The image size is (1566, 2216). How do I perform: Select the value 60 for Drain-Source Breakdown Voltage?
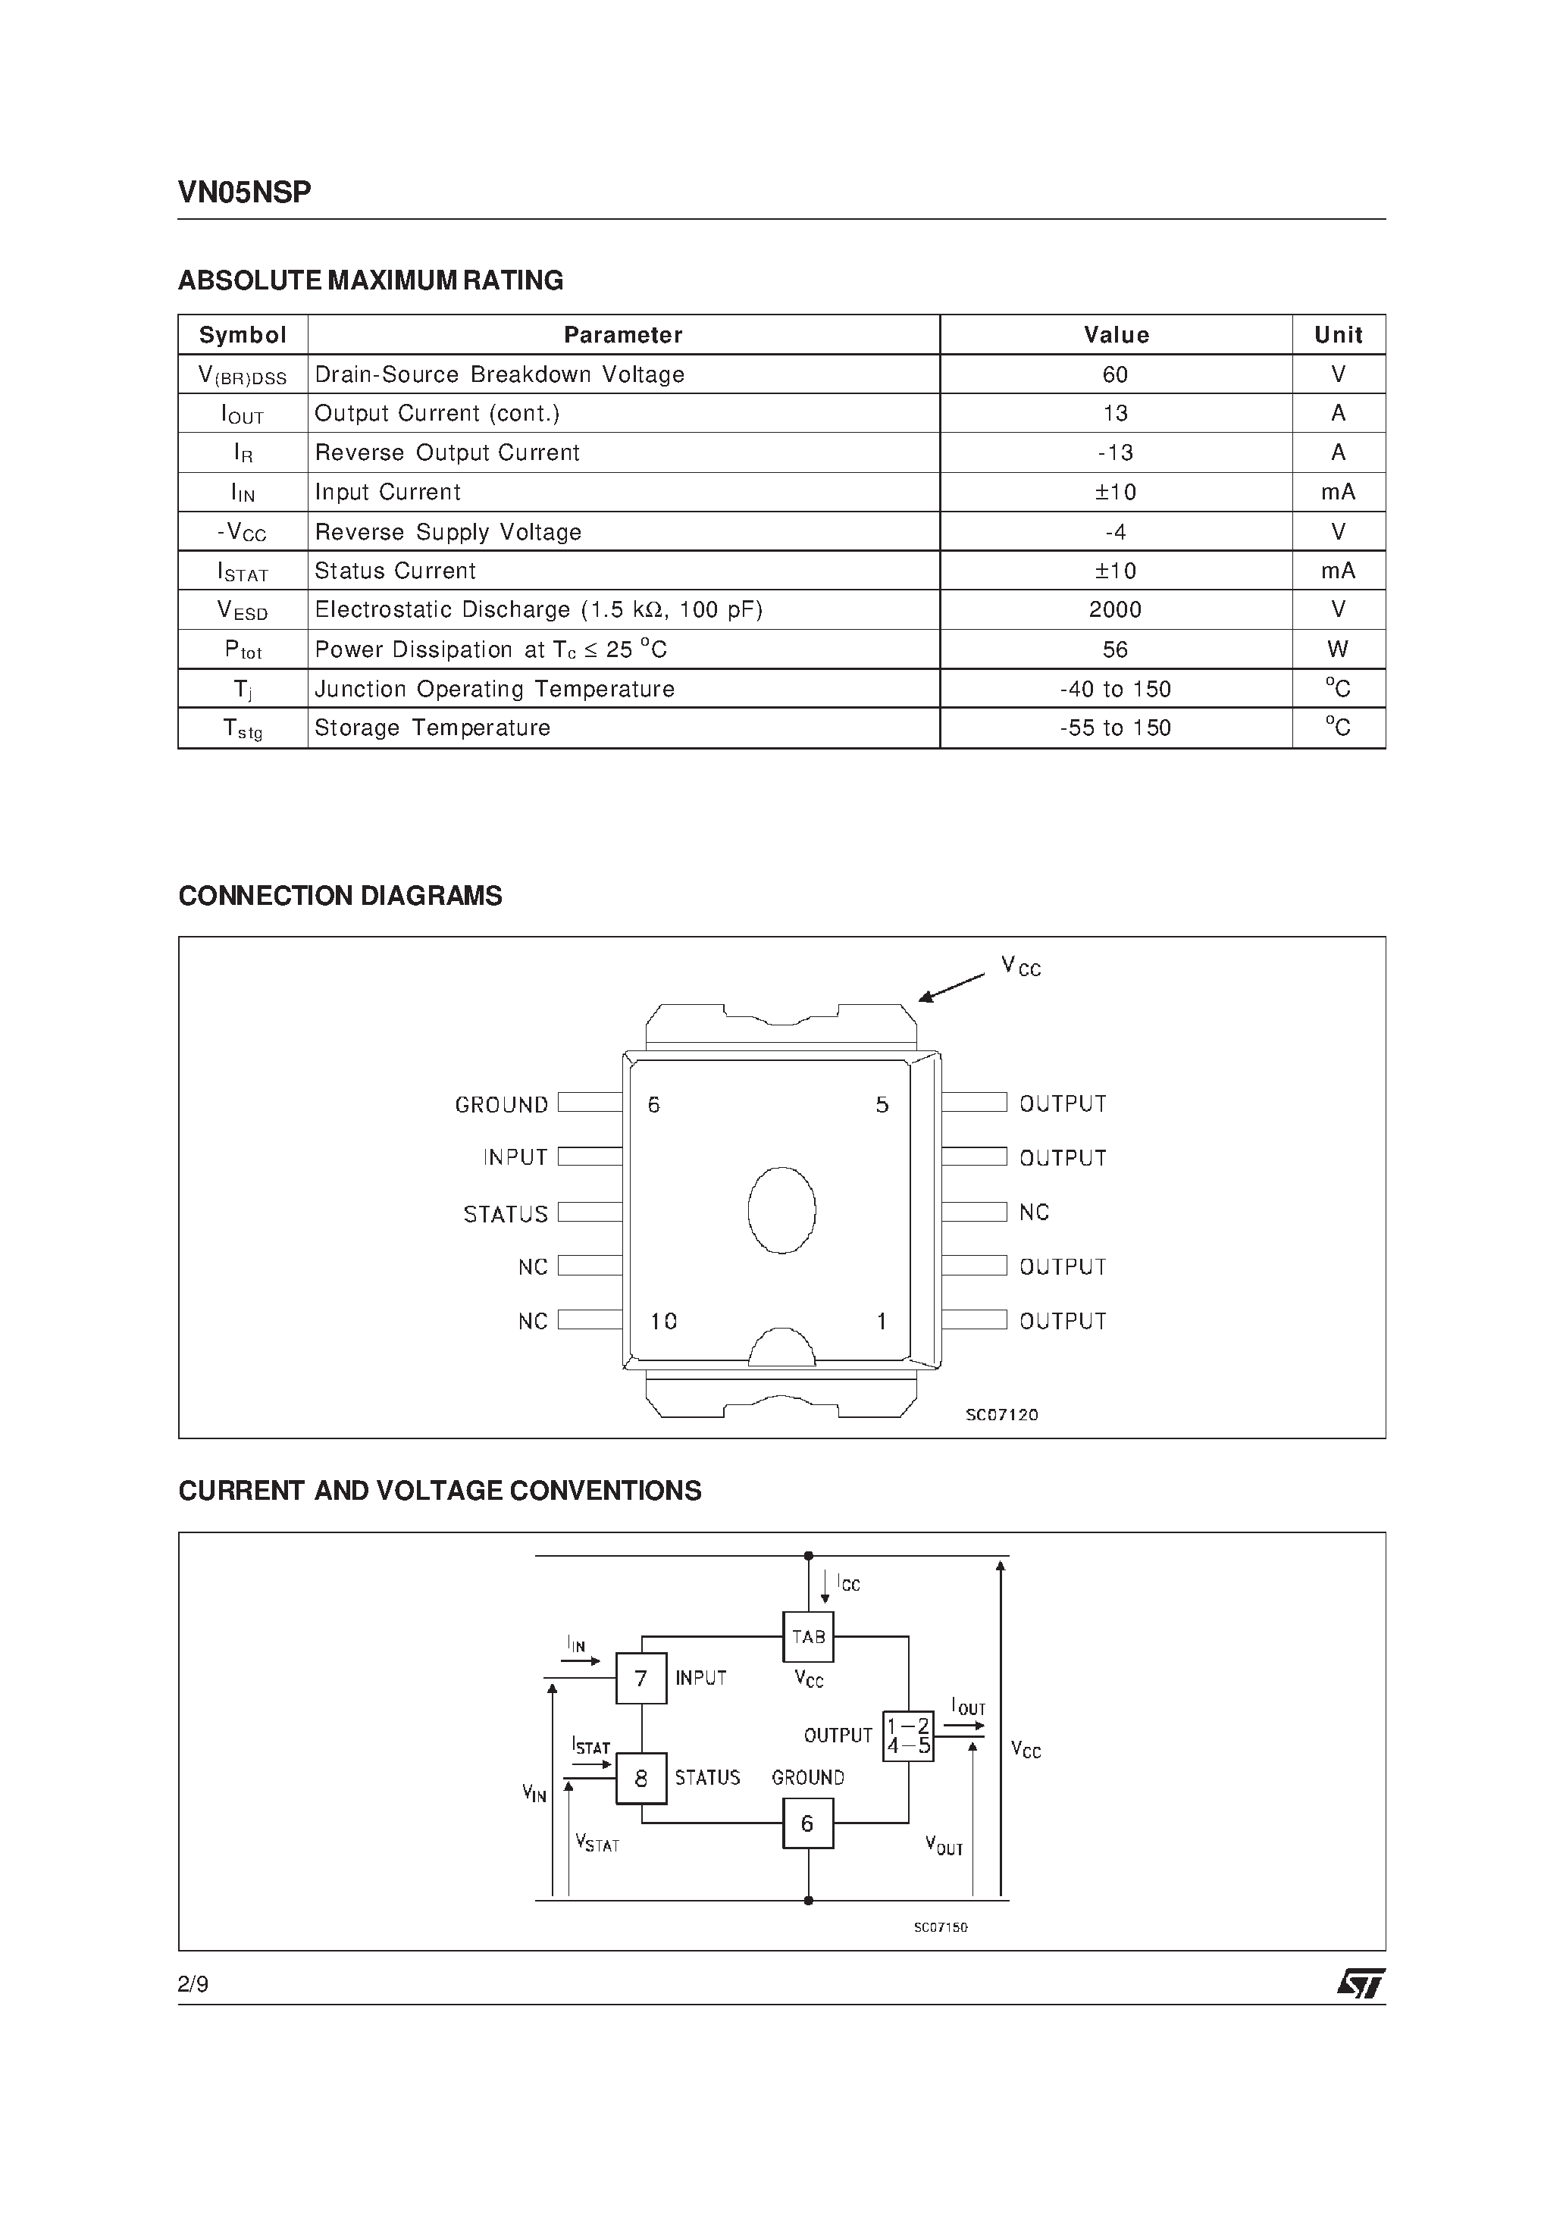[x=1115, y=374]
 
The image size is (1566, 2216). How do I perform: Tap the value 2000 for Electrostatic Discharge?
[x=1115, y=610]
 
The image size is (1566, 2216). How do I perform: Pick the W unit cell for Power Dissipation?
[x=1338, y=649]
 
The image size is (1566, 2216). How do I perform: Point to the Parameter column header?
[x=623, y=335]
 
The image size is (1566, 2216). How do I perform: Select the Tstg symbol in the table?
[x=243, y=730]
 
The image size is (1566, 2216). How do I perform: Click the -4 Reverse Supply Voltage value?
[x=1115, y=532]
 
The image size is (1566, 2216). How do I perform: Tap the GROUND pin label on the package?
[x=501, y=1105]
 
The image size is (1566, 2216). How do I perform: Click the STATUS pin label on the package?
[x=505, y=1214]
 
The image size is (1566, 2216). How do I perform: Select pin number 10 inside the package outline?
[x=663, y=1321]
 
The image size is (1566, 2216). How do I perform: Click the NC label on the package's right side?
[x=1034, y=1213]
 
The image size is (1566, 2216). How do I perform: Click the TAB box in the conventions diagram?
[x=808, y=1637]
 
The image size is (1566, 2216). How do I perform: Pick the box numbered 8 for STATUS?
[x=641, y=1779]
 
